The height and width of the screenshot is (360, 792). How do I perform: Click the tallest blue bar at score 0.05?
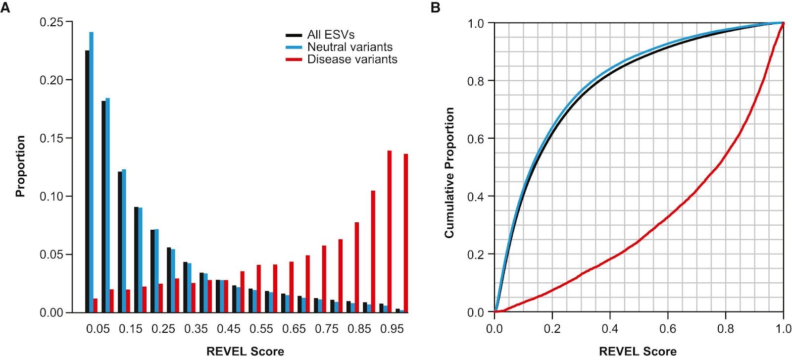(x=91, y=173)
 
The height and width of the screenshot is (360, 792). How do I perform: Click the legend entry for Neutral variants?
(x=349, y=47)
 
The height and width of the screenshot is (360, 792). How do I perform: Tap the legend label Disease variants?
(x=352, y=59)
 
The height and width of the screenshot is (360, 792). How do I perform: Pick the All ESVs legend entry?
(x=331, y=35)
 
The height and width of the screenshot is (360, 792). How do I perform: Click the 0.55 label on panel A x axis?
(x=261, y=329)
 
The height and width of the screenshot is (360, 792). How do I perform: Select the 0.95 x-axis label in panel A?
(x=392, y=329)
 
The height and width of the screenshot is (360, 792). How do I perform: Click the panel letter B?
(x=436, y=7)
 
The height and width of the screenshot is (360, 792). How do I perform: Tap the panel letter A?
(x=5, y=7)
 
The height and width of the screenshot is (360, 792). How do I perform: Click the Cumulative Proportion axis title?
(x=449, y=172)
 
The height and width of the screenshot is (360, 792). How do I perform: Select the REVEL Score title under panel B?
(x=638, y=352)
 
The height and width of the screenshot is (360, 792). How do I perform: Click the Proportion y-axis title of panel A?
(x=20, y=166)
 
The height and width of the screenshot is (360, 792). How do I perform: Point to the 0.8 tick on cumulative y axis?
(x=475, y=81)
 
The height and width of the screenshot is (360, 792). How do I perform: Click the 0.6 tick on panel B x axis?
(x=668, y=329)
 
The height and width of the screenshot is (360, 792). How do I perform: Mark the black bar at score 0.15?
(x=120, y=243)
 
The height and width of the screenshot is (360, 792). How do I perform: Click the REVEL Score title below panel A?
(x=245, y=352)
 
